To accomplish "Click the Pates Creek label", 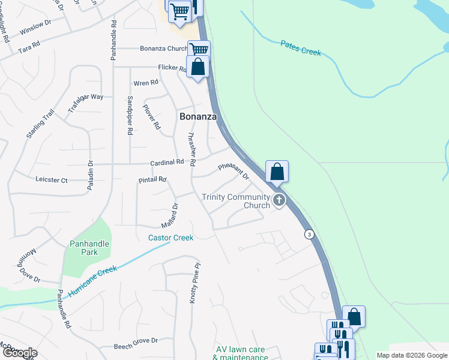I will [x=301, y=48].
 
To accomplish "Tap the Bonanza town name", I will [x=198, y=116].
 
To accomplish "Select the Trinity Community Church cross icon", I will [x=279, y=200].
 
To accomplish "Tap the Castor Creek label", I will [x=171, y=238].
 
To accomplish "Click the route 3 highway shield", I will [x=309, y=233].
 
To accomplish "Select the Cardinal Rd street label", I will [x=167, y=162].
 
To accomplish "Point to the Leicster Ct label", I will [x=52, y=179].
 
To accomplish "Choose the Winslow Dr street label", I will [x=35, y=29].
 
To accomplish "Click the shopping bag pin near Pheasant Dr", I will [x=277, y=172].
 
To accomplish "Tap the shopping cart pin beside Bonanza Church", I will [x=198, y=49].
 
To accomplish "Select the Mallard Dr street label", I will [x=170, y=215].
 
